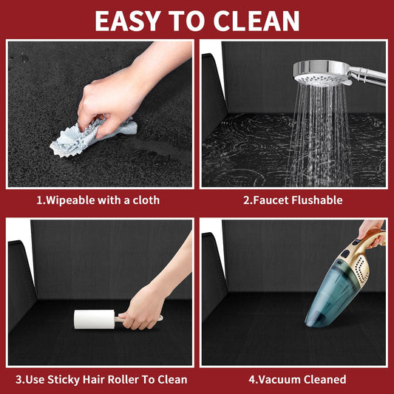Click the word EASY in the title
click(x=128, y=21)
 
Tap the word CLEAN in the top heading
click(x=257, y=21)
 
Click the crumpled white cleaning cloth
click(x=93, y=137)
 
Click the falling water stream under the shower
click(x=319, y=136)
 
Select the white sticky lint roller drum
click(x=94, y=319)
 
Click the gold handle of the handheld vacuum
click(x=374, y=239)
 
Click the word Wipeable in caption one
click(x=69, y=200)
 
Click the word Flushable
click(x=317, y=200)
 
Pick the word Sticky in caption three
click(x=64, y=380)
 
